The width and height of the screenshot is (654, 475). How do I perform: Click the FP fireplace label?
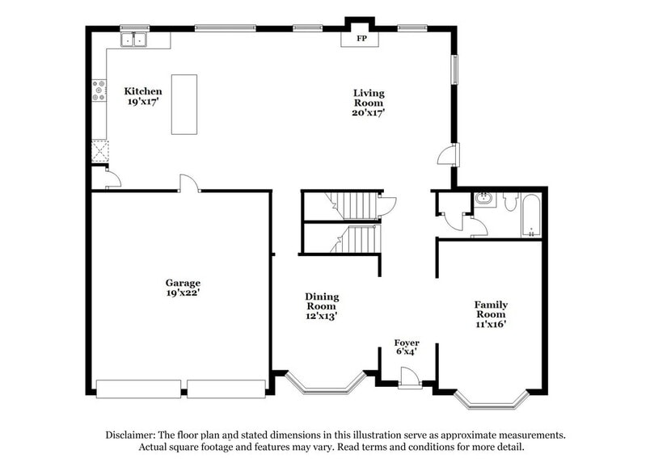(361, 38)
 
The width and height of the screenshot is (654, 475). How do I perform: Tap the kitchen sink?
(133, 39)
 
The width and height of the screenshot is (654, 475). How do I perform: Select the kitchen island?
(184, 104)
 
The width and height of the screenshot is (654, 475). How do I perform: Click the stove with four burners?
(99, 90)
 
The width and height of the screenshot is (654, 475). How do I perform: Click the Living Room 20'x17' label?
(369, 103)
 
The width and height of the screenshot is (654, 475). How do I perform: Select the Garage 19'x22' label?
(183, 288)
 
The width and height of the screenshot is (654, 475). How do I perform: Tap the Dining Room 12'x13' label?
(322, 306)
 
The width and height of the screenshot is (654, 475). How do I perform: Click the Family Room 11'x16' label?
(491, 313)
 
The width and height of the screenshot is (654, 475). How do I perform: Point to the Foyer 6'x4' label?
(406, 347)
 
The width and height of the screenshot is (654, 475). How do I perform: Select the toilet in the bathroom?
(509, 203)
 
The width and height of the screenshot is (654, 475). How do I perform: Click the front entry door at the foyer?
(409, 376)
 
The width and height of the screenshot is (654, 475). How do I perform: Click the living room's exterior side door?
(447, 154)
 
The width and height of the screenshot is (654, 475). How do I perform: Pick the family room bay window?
(491, 397)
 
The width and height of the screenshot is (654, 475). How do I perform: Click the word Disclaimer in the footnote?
(133, 435)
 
